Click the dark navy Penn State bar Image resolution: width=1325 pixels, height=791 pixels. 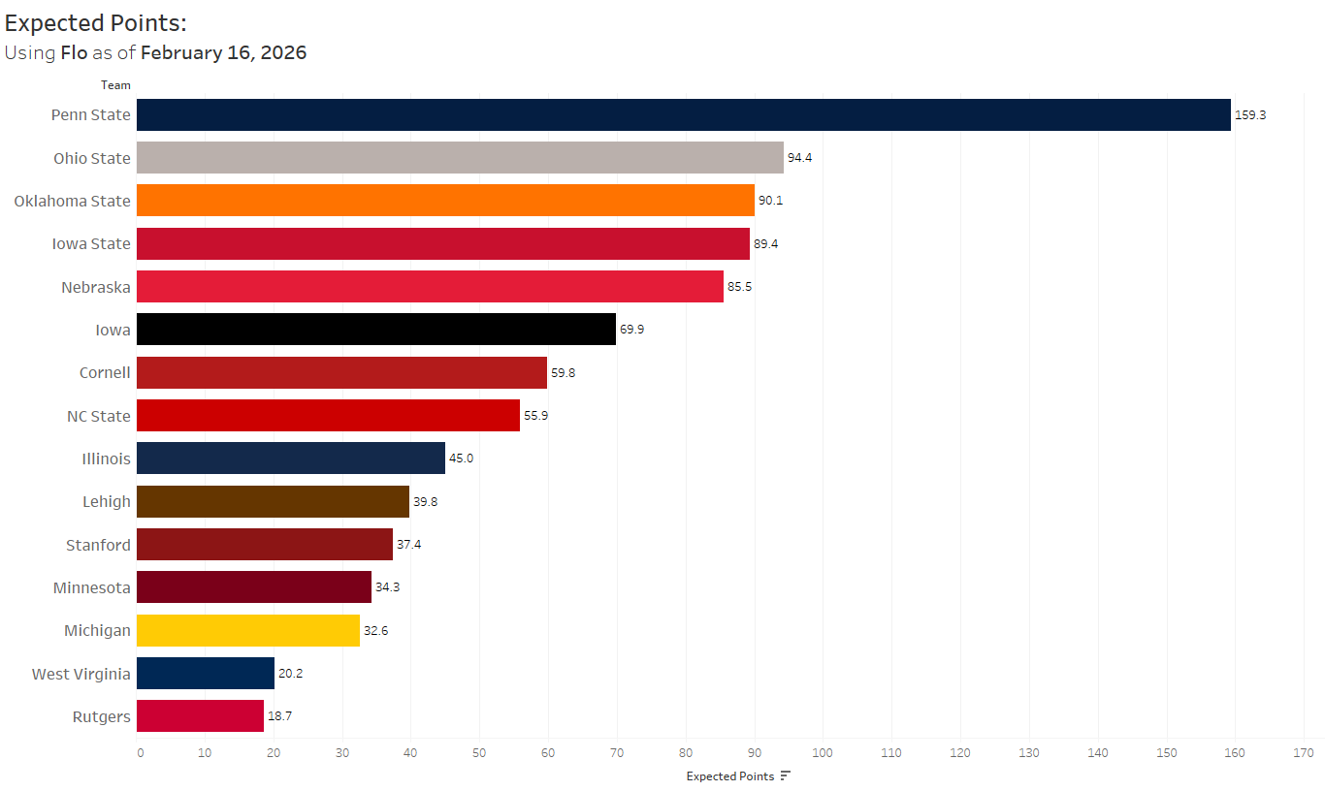683,114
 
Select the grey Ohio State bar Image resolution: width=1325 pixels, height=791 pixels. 460,157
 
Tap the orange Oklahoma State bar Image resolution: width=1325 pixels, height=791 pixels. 445,201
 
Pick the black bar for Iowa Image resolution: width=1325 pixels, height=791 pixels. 376,330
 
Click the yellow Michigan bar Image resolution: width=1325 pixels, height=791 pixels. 248,630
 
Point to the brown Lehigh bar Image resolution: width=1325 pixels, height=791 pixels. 273,501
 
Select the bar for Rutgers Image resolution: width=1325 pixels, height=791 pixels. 200,716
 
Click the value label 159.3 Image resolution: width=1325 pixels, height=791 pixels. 1250,114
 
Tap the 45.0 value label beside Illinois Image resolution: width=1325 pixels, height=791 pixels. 461,459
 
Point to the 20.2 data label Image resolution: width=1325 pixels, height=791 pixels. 290,673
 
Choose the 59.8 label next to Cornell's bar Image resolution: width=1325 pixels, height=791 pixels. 563,372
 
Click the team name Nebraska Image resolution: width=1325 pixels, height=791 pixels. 95,287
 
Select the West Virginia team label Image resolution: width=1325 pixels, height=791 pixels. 81,674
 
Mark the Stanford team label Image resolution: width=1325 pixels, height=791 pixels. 98,545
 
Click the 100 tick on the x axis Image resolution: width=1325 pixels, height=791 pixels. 823,753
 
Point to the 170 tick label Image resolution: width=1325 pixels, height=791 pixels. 1303,753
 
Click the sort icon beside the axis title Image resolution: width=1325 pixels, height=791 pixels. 786,775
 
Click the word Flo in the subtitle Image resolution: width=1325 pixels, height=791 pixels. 74,52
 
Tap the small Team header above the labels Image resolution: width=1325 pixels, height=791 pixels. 115,85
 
